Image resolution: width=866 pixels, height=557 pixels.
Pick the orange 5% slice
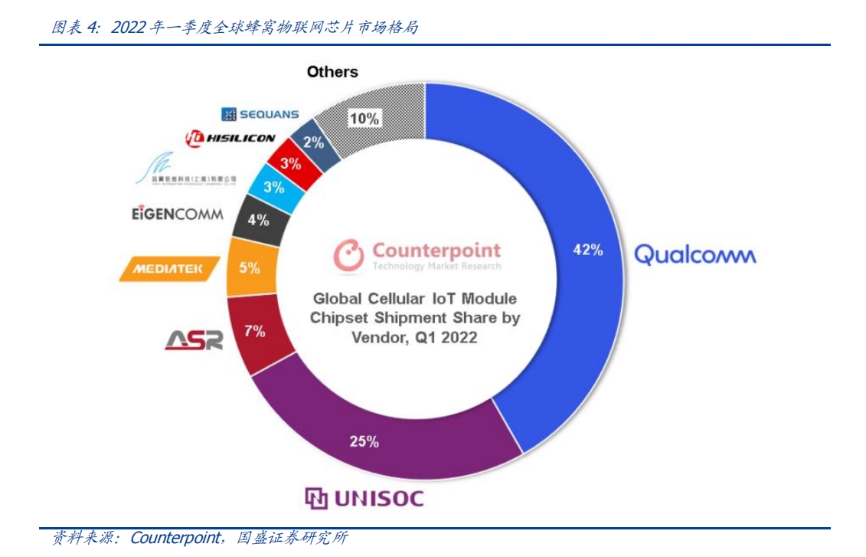[x=250, y=268]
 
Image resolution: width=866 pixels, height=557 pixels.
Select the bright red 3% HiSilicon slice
[x=289, y=163]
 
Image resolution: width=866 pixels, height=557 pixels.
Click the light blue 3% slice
[x=274, y=188]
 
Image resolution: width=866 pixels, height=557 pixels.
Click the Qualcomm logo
[x=694, y=254]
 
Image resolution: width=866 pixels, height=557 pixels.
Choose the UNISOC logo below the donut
[x=364, y=499]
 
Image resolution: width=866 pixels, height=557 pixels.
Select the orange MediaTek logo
[x=169, y=269]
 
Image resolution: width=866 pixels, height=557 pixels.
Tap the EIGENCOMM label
[x=177, y=214]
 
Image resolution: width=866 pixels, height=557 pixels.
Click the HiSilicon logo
[x=230, y=139]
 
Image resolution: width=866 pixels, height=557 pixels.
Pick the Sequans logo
[x=260, y=114]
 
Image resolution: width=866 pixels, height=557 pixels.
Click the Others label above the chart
[x=332, y=72]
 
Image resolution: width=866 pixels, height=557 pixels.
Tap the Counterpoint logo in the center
[x=417, y=254]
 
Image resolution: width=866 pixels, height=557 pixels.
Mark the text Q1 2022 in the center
[x=446, y=337]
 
